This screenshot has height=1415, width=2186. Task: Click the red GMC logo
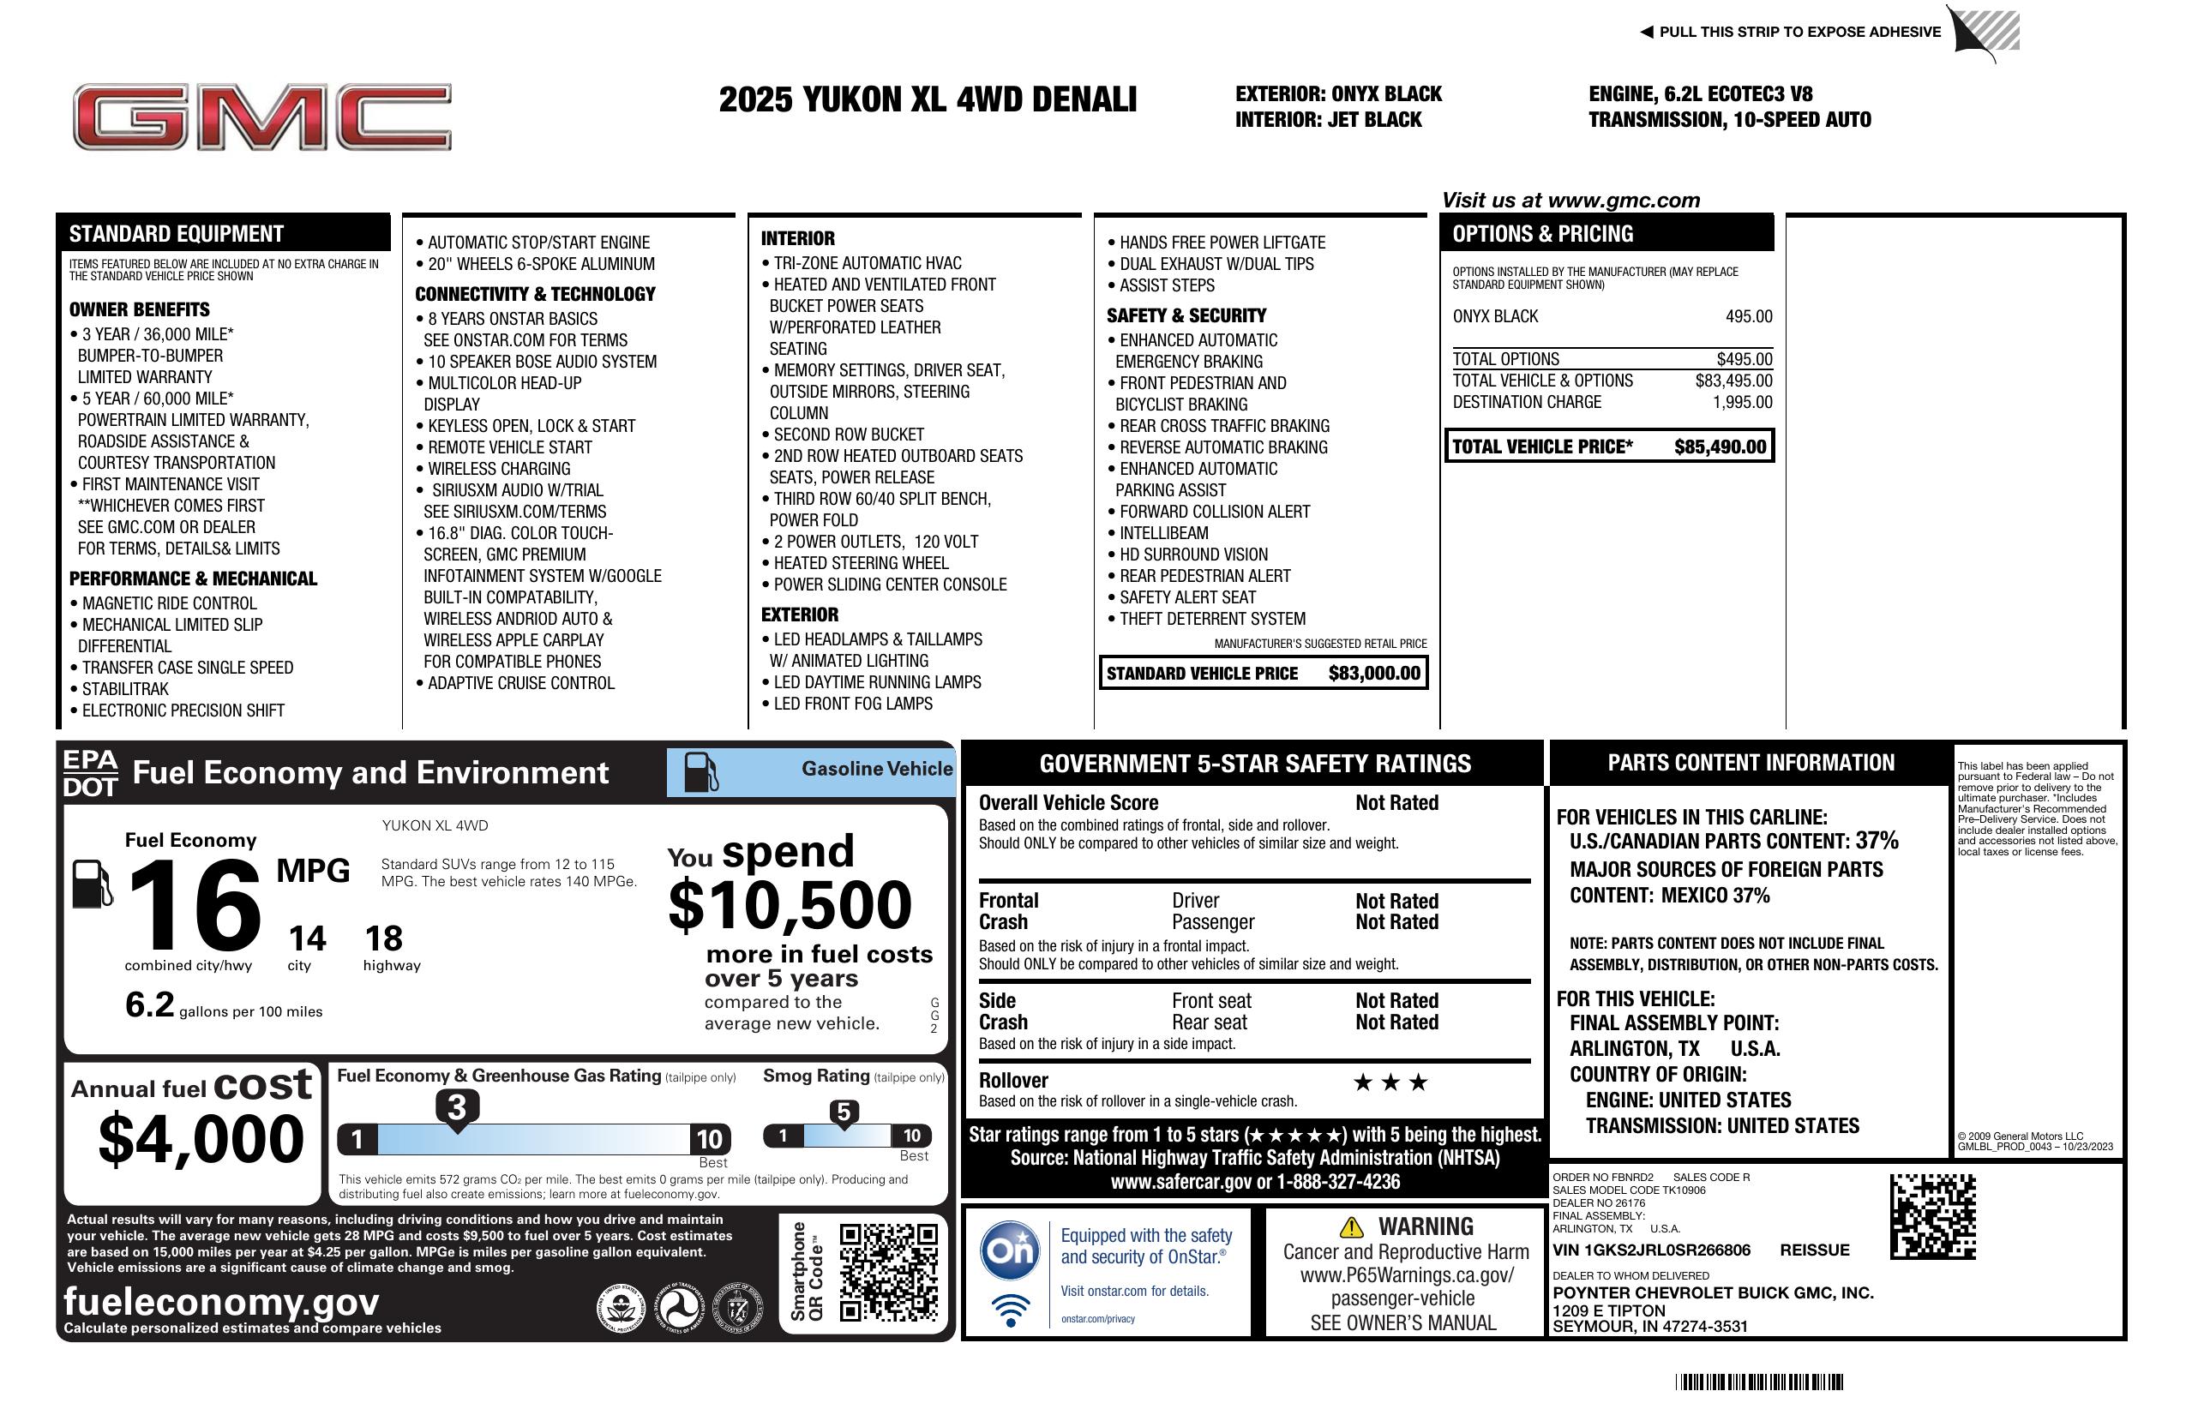[x=261, y=117]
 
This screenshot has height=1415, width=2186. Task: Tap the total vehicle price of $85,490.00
[x=1719, y=447]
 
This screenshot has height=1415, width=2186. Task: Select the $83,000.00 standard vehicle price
[x=1373, y=673]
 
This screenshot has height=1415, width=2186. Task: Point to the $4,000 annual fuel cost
[x=201, y=1139]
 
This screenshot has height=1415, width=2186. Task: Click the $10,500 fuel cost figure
[x=790, y=905]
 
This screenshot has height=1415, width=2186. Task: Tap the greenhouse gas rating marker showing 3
[x=456, y=1107]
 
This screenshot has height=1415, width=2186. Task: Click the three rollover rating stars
[x=1390, y=1082]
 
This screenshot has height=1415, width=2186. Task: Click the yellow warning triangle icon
[x=1351, y=1226]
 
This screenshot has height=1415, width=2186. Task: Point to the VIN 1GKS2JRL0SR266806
[x=1650, y=1250]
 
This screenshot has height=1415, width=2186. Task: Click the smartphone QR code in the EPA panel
[x=888, y=1271]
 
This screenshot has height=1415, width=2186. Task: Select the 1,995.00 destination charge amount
[x=1741, y=402]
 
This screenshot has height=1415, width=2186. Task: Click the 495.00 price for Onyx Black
[x=1748, y=317]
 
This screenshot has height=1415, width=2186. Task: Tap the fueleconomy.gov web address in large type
[x=221, y=1301]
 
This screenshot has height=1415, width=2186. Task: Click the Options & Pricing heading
[x=1542, y=234]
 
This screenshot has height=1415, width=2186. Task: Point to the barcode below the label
[x=1758, y=1382]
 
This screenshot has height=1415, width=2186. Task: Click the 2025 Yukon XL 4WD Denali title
[x=927, y=100]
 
